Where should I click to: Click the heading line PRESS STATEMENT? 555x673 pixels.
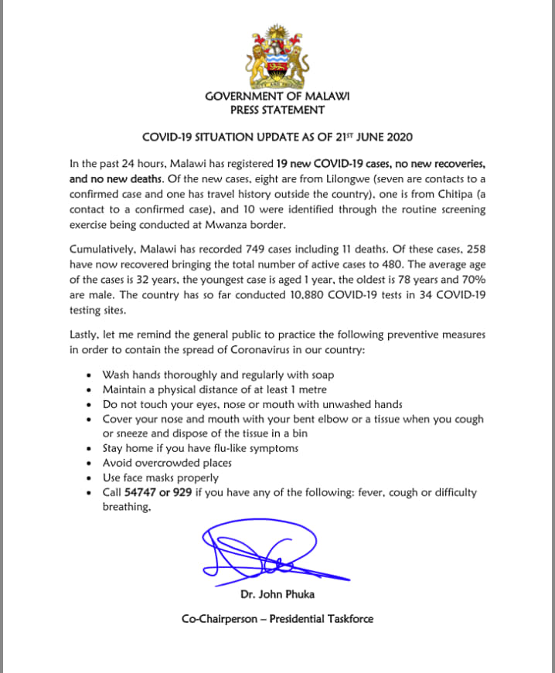277,110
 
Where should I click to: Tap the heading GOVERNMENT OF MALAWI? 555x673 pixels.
277,97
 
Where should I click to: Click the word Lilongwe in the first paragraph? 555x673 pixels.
326,178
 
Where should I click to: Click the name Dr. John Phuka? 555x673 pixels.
277,596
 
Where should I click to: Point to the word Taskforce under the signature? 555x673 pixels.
347,619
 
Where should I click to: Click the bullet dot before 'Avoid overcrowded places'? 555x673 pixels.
91,463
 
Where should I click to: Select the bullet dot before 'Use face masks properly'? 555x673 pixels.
91,478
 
